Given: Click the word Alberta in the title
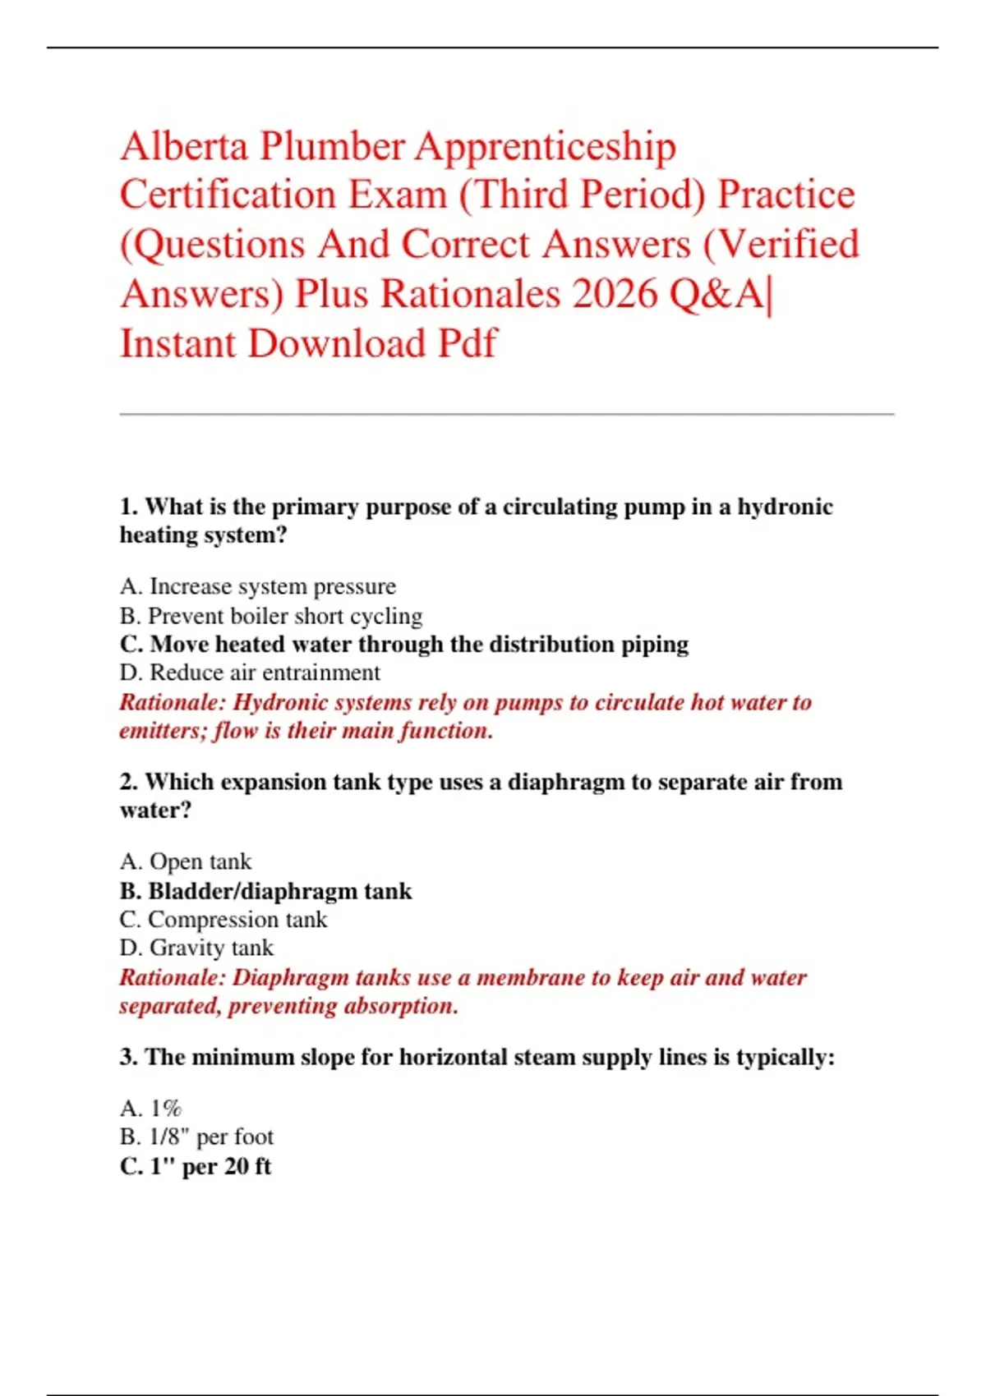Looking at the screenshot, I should (x=184, y=147).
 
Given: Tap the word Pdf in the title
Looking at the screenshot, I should (x=467, y=343).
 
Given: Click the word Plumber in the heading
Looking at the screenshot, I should (x=332, y=147).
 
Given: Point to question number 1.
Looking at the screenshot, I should (x=129, y=507).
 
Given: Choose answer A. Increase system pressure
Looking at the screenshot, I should (x=257, y=586).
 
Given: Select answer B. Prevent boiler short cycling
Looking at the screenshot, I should (x=270, y=616).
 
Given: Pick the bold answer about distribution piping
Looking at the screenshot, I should (x=403, y=644).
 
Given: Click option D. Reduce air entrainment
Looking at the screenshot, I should (x=249, y=673).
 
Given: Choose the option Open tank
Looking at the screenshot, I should (x=186, y=861).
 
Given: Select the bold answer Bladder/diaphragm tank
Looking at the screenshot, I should (x=265, y=891).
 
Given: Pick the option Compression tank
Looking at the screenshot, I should (x=223, y=920).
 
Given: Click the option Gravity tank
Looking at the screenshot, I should (x=196, y=948).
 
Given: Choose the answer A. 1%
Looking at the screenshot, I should (x=151, y=1109).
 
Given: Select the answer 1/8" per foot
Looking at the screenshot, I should (x=196, y=1137).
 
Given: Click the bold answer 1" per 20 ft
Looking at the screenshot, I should (x=195, y=1166).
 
